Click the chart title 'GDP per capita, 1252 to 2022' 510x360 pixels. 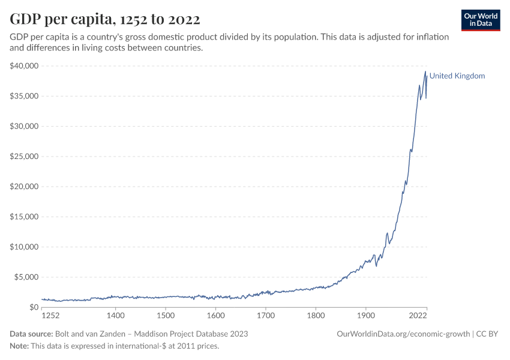click(105, 19)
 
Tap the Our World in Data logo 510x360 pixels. click(481, 20)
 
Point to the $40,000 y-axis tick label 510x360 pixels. click(24, 65)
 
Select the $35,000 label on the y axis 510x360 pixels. click(24, 96)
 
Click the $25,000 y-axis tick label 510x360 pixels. click(24, 157)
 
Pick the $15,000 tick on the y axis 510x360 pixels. click(24, 217)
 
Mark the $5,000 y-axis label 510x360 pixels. click(26, 277)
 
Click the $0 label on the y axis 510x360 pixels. click(34, 307)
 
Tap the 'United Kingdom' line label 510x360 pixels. click(457, 76)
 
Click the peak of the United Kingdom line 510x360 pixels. click(425, 71)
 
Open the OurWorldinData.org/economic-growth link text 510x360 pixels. click(403, 334)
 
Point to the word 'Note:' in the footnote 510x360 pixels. click(20, 346)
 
